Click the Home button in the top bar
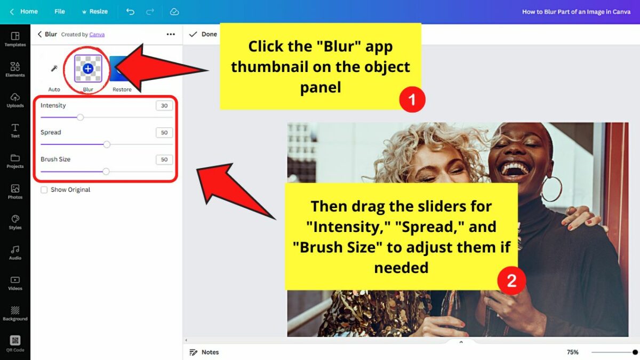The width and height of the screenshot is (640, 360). [24, 11]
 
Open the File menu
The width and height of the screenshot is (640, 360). [60, 11]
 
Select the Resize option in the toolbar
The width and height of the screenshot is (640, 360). [94, 11]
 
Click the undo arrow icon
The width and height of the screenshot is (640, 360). [130, 11]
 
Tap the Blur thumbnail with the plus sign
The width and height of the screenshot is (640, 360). [88, 69]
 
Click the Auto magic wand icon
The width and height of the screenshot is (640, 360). [54, 69]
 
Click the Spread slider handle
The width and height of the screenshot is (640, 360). [107, 144]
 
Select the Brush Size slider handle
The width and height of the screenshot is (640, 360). [106, 171]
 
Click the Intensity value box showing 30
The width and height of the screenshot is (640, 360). [164, 106]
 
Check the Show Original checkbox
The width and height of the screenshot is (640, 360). [44, 189]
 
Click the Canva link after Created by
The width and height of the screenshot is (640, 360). [97, 35]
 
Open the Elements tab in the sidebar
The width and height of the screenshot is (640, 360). [15, 69]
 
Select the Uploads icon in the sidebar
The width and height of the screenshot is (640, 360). [15, 100]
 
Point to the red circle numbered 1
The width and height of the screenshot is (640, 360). [412, 99]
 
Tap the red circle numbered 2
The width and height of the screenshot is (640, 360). [511, 281]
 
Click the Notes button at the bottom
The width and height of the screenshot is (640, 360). [204, 352]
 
